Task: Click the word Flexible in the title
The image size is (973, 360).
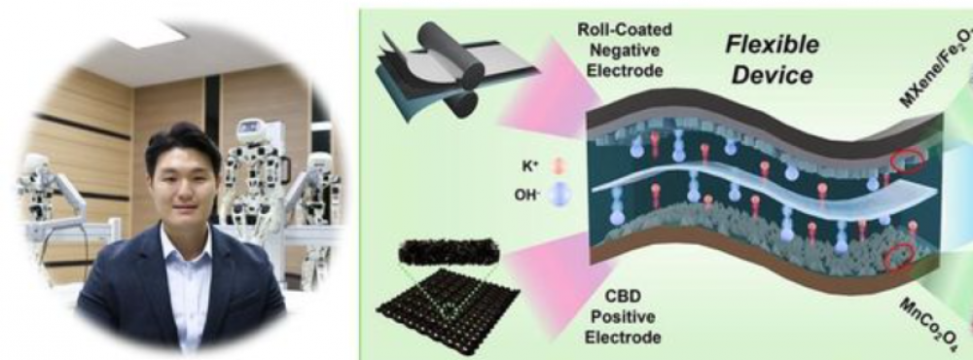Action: (772, 45)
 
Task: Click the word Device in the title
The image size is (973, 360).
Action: (772, 76)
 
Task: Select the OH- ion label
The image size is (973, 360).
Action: (525, 196)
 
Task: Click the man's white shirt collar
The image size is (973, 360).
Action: (186, 242)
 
